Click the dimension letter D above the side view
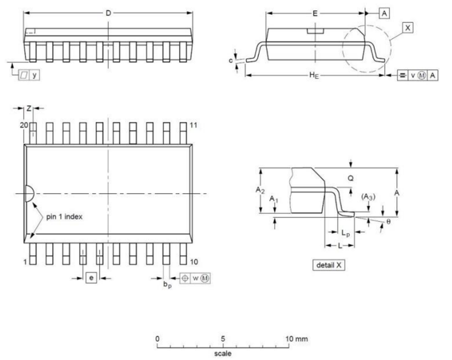tap(108, 13)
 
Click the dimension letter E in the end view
tap(315, 14)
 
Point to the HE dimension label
tap(314, 76)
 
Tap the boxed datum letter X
tap(407, 28)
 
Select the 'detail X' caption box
tap(329, 265)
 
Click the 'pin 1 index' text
tap(64, 216)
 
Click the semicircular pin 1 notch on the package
tap(30, 193)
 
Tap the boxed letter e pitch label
tap(91, 278)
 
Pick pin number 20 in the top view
tap(24, 125)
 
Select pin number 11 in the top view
tap(194, 125)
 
